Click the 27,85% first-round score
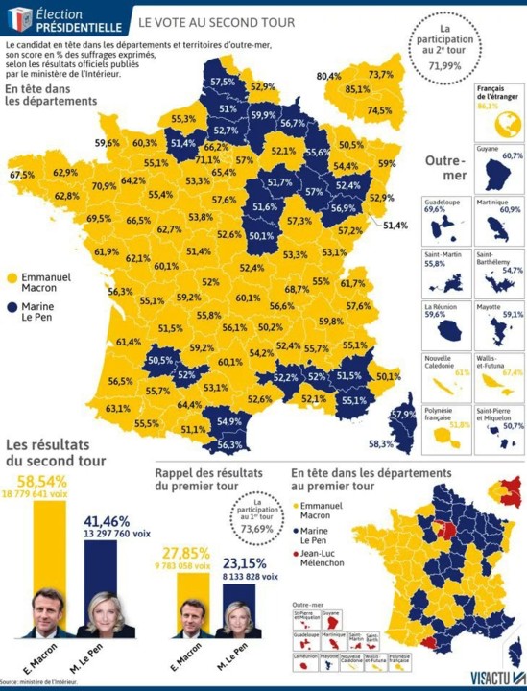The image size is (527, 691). (x=186, y=554)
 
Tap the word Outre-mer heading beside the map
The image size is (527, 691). (x=444, y=170)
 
